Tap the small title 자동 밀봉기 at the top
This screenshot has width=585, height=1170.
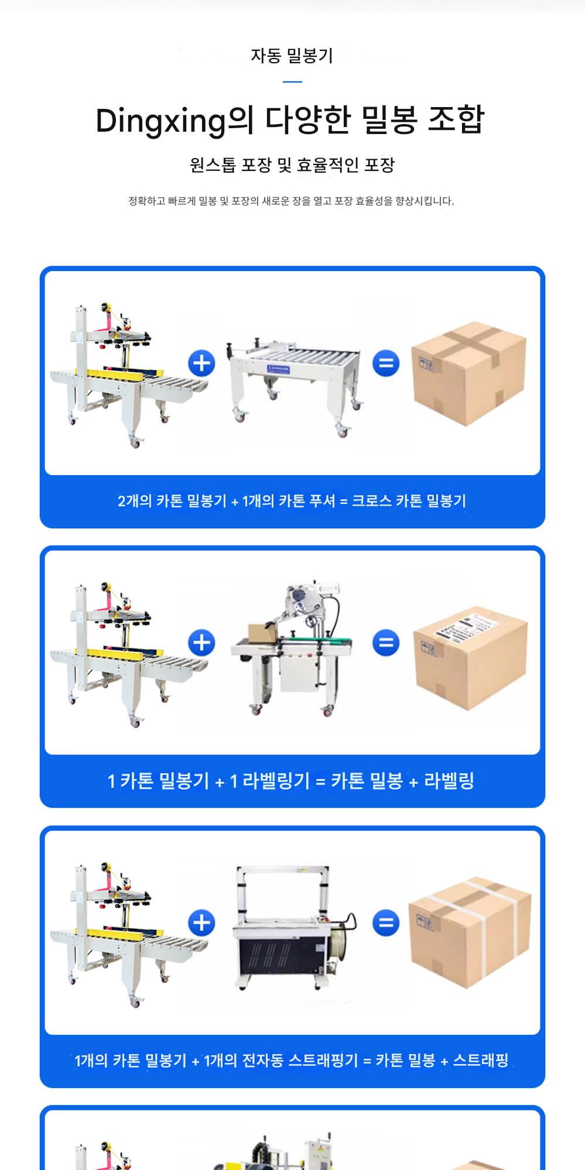(292, 56)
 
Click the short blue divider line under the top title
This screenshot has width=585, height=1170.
(292, 82)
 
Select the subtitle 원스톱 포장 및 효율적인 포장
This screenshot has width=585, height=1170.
(292, 165)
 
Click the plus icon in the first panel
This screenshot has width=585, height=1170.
(201, 363)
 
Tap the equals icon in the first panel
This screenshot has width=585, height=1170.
(386, 363)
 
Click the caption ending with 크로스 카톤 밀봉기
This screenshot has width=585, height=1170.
(292, 501)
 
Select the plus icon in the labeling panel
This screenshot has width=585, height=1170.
(201, 643)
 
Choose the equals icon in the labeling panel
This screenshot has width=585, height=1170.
(386, 643)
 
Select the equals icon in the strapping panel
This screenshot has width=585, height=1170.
(386, 923)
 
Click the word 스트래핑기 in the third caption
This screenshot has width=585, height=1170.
(323, 1060)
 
